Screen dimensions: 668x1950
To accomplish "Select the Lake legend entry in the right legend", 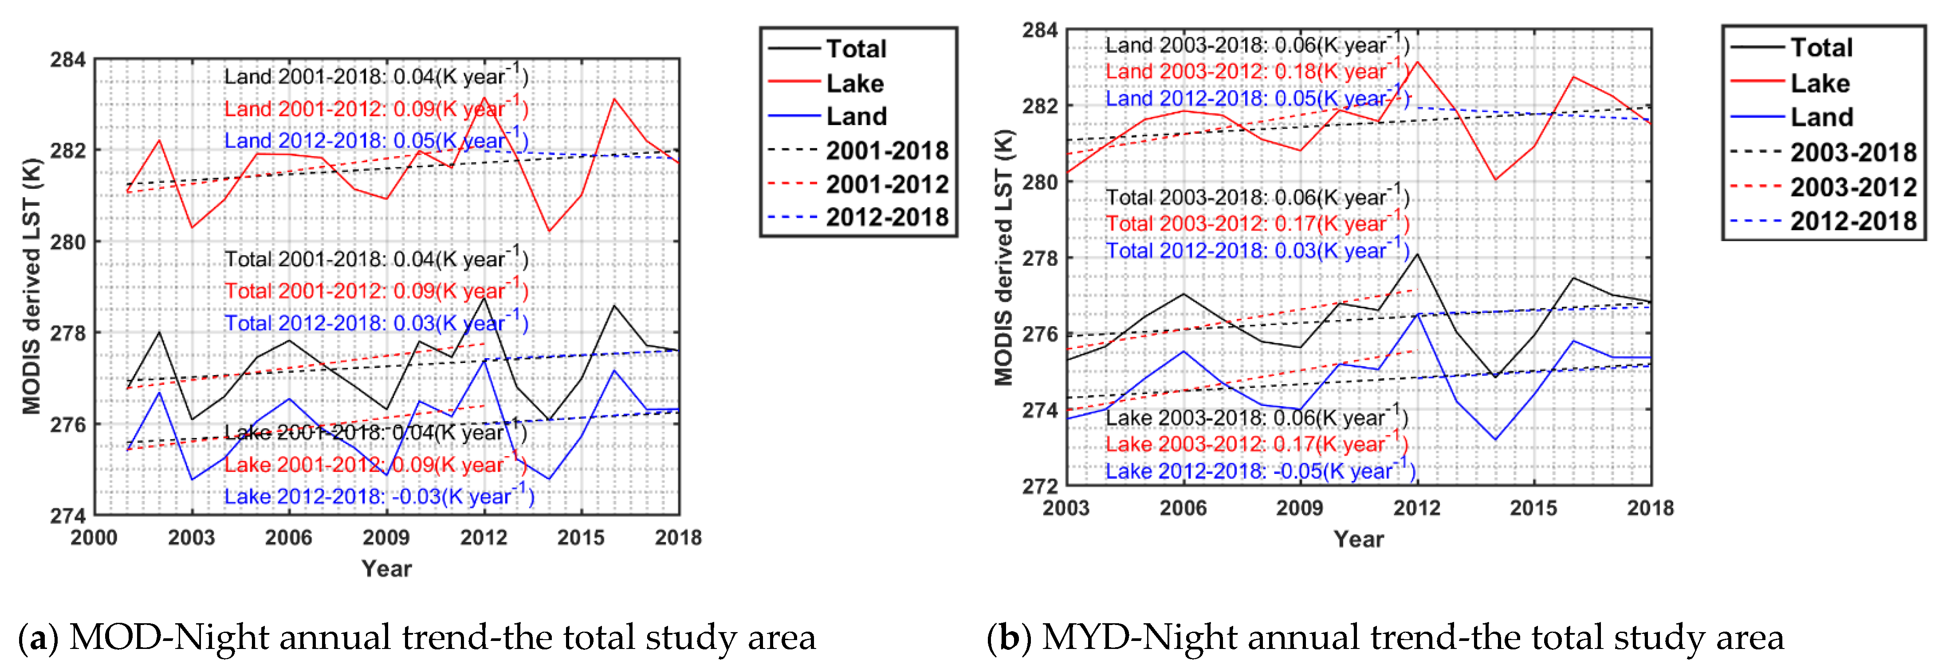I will (1819, 82).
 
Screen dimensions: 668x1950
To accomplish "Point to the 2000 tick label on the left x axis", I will (94, 538).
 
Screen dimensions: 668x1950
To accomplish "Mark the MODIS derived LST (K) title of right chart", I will (1004, 257).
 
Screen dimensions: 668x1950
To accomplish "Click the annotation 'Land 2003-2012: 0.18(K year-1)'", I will (1257, 71).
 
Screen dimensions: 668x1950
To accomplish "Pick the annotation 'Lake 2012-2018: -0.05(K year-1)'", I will (1260, 471).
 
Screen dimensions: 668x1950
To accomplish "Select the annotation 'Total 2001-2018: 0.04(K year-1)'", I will (376, 259).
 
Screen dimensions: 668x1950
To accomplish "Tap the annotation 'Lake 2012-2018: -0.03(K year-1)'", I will (378, 496).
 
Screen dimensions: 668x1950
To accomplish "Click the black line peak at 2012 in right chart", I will (1417, 254).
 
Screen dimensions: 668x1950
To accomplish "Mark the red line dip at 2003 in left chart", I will (192, 227).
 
